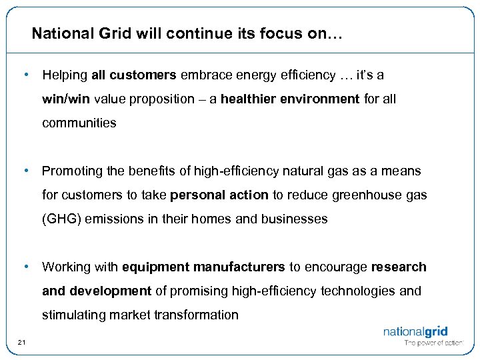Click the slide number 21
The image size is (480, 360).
tap(22, 343)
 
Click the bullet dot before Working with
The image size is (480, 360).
tap(25, 267)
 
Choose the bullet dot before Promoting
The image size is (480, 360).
tap(25, 171)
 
